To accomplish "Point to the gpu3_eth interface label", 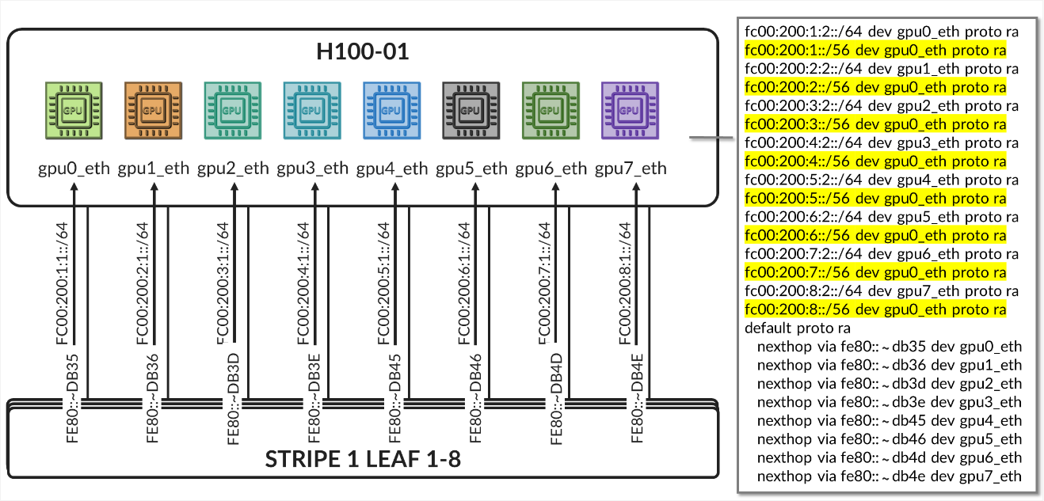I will point(313,168).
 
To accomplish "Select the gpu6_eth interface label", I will point(551,168).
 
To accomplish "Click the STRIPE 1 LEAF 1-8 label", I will point(363,459).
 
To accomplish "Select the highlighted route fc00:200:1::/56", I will point(875,51).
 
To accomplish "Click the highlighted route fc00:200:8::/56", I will point(875,309).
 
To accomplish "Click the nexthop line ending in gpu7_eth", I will point(889,476).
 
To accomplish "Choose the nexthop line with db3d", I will point(889,383).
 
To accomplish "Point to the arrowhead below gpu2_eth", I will point(234,188).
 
